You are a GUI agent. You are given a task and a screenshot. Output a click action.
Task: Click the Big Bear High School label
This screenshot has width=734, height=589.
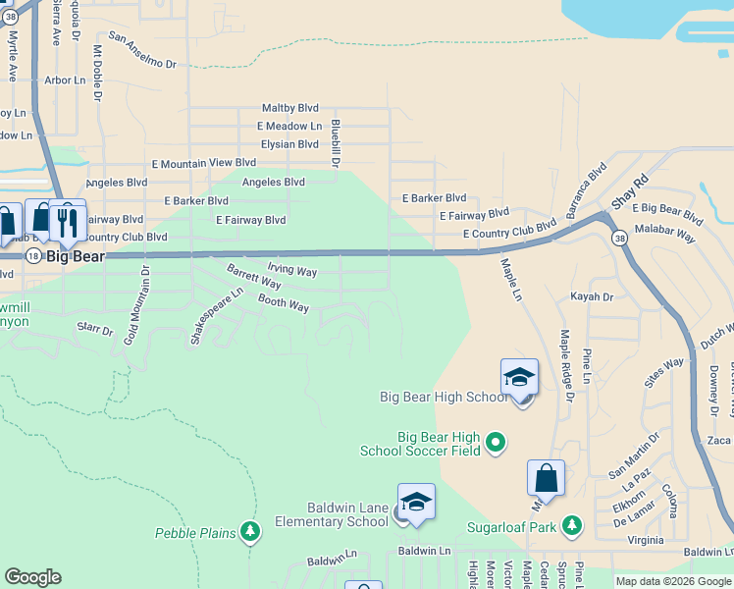point(444,397)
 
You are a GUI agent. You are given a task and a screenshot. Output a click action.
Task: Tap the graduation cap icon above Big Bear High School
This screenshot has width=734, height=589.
point(519,378)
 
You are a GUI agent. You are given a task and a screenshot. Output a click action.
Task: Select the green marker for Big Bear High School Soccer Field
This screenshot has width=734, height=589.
point(496,443)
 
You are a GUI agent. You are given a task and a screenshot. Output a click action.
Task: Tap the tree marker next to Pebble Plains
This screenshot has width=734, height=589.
point(251,532)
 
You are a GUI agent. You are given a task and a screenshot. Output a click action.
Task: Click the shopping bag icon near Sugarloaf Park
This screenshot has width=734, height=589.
point(546,479)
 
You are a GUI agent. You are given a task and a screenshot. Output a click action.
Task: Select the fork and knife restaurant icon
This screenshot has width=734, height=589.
point(67,221)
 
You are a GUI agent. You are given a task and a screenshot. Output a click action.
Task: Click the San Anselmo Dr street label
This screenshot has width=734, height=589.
point(142,51)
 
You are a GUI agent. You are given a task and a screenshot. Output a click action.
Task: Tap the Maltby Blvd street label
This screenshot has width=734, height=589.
point(290,108)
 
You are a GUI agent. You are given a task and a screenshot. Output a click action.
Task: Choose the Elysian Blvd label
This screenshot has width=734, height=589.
point(289,144)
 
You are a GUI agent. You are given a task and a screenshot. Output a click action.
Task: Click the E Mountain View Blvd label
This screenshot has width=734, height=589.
point(204,163)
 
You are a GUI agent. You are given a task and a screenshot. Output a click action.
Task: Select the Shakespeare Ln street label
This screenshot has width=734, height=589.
point(217,314)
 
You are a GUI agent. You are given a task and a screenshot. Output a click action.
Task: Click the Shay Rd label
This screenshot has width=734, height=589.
point(630,192)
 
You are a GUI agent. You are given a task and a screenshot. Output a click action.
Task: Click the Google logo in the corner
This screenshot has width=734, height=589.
point(33,577)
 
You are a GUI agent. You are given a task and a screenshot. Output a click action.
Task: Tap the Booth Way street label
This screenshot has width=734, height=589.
point(284,304)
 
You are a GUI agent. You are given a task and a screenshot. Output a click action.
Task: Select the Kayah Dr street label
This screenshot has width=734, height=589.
point(592,296)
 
